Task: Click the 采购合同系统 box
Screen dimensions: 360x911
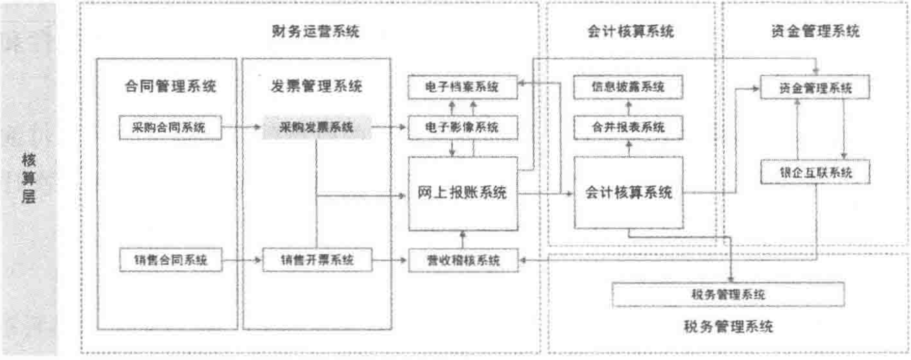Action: point(170,128)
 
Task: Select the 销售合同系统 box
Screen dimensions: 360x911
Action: point(170,260)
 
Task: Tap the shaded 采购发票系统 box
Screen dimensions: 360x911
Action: point(316,128)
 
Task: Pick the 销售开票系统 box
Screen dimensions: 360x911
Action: point(317,260)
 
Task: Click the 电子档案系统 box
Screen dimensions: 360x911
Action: point(462,87)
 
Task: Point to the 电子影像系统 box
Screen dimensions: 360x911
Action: point(462,128)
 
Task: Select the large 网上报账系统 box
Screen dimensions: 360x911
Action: point(462,193)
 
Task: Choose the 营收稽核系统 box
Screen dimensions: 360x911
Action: point(463,261)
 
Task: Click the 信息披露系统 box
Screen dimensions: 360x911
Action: point(628,87)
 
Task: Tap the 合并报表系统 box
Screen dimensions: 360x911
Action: point(628,128)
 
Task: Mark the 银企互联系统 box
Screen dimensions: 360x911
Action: point(815,173)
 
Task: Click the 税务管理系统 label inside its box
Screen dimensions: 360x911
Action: point(728,295)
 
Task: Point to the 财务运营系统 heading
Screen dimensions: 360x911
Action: point(315,32)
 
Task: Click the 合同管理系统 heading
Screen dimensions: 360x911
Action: point(170,86)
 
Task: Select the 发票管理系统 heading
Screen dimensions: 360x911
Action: point(316,86)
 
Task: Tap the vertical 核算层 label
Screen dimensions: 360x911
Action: point(28,178)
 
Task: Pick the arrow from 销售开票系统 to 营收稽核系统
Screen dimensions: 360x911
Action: point(390,260)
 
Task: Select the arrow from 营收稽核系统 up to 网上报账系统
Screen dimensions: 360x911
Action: point(462,240)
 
